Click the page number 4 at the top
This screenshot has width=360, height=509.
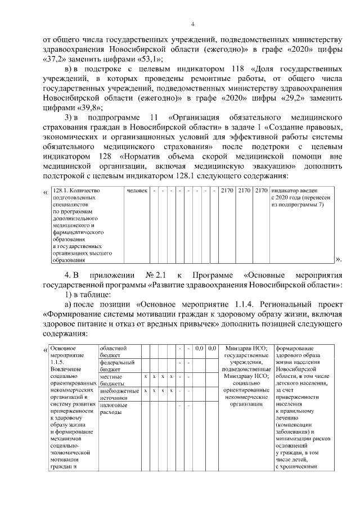click(192, 24)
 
